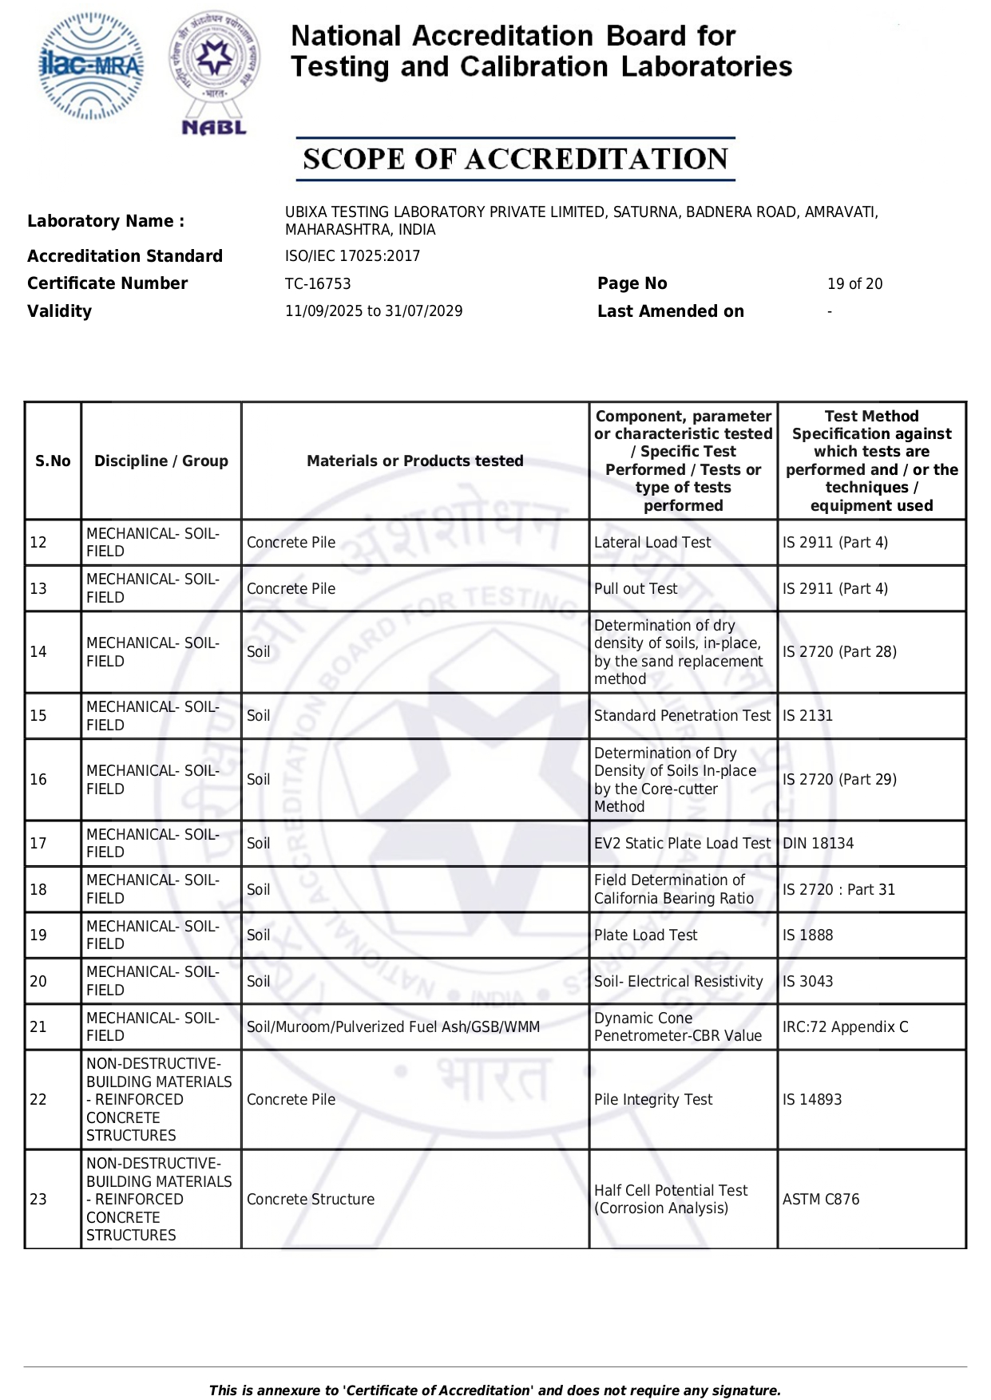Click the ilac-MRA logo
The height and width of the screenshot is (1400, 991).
click(91, 66)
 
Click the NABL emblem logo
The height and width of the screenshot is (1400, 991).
click(214, 72)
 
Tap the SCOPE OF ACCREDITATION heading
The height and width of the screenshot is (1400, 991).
click(515, 159)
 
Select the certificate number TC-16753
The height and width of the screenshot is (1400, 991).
click(318, 284)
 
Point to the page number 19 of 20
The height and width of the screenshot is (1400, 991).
click(854, 284)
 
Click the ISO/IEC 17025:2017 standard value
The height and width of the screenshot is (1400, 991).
click(352, 256)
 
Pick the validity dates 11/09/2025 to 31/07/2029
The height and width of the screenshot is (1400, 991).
click(374, 311)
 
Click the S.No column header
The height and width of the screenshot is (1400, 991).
click(53, 461)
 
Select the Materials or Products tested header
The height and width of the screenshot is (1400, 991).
click(414, 461)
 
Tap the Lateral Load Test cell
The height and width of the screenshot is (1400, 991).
click(652, 543)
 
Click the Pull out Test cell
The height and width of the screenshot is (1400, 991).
click(636, 589)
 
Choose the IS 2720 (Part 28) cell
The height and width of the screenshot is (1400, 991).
click(839, 652)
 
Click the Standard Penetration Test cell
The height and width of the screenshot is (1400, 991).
click(682, 716)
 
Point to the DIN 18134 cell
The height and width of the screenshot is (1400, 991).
click(818, 844)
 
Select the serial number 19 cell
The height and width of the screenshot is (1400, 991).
click(38, 935)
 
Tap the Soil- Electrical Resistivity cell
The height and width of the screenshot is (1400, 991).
click(678, 982)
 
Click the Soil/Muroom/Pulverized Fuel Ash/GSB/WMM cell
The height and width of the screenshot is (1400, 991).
click(393, 1027)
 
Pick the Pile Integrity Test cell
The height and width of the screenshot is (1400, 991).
click(653, 1100)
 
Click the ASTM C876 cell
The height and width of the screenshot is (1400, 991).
click(821, 1200)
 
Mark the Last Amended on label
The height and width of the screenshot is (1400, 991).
click(670, 311)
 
